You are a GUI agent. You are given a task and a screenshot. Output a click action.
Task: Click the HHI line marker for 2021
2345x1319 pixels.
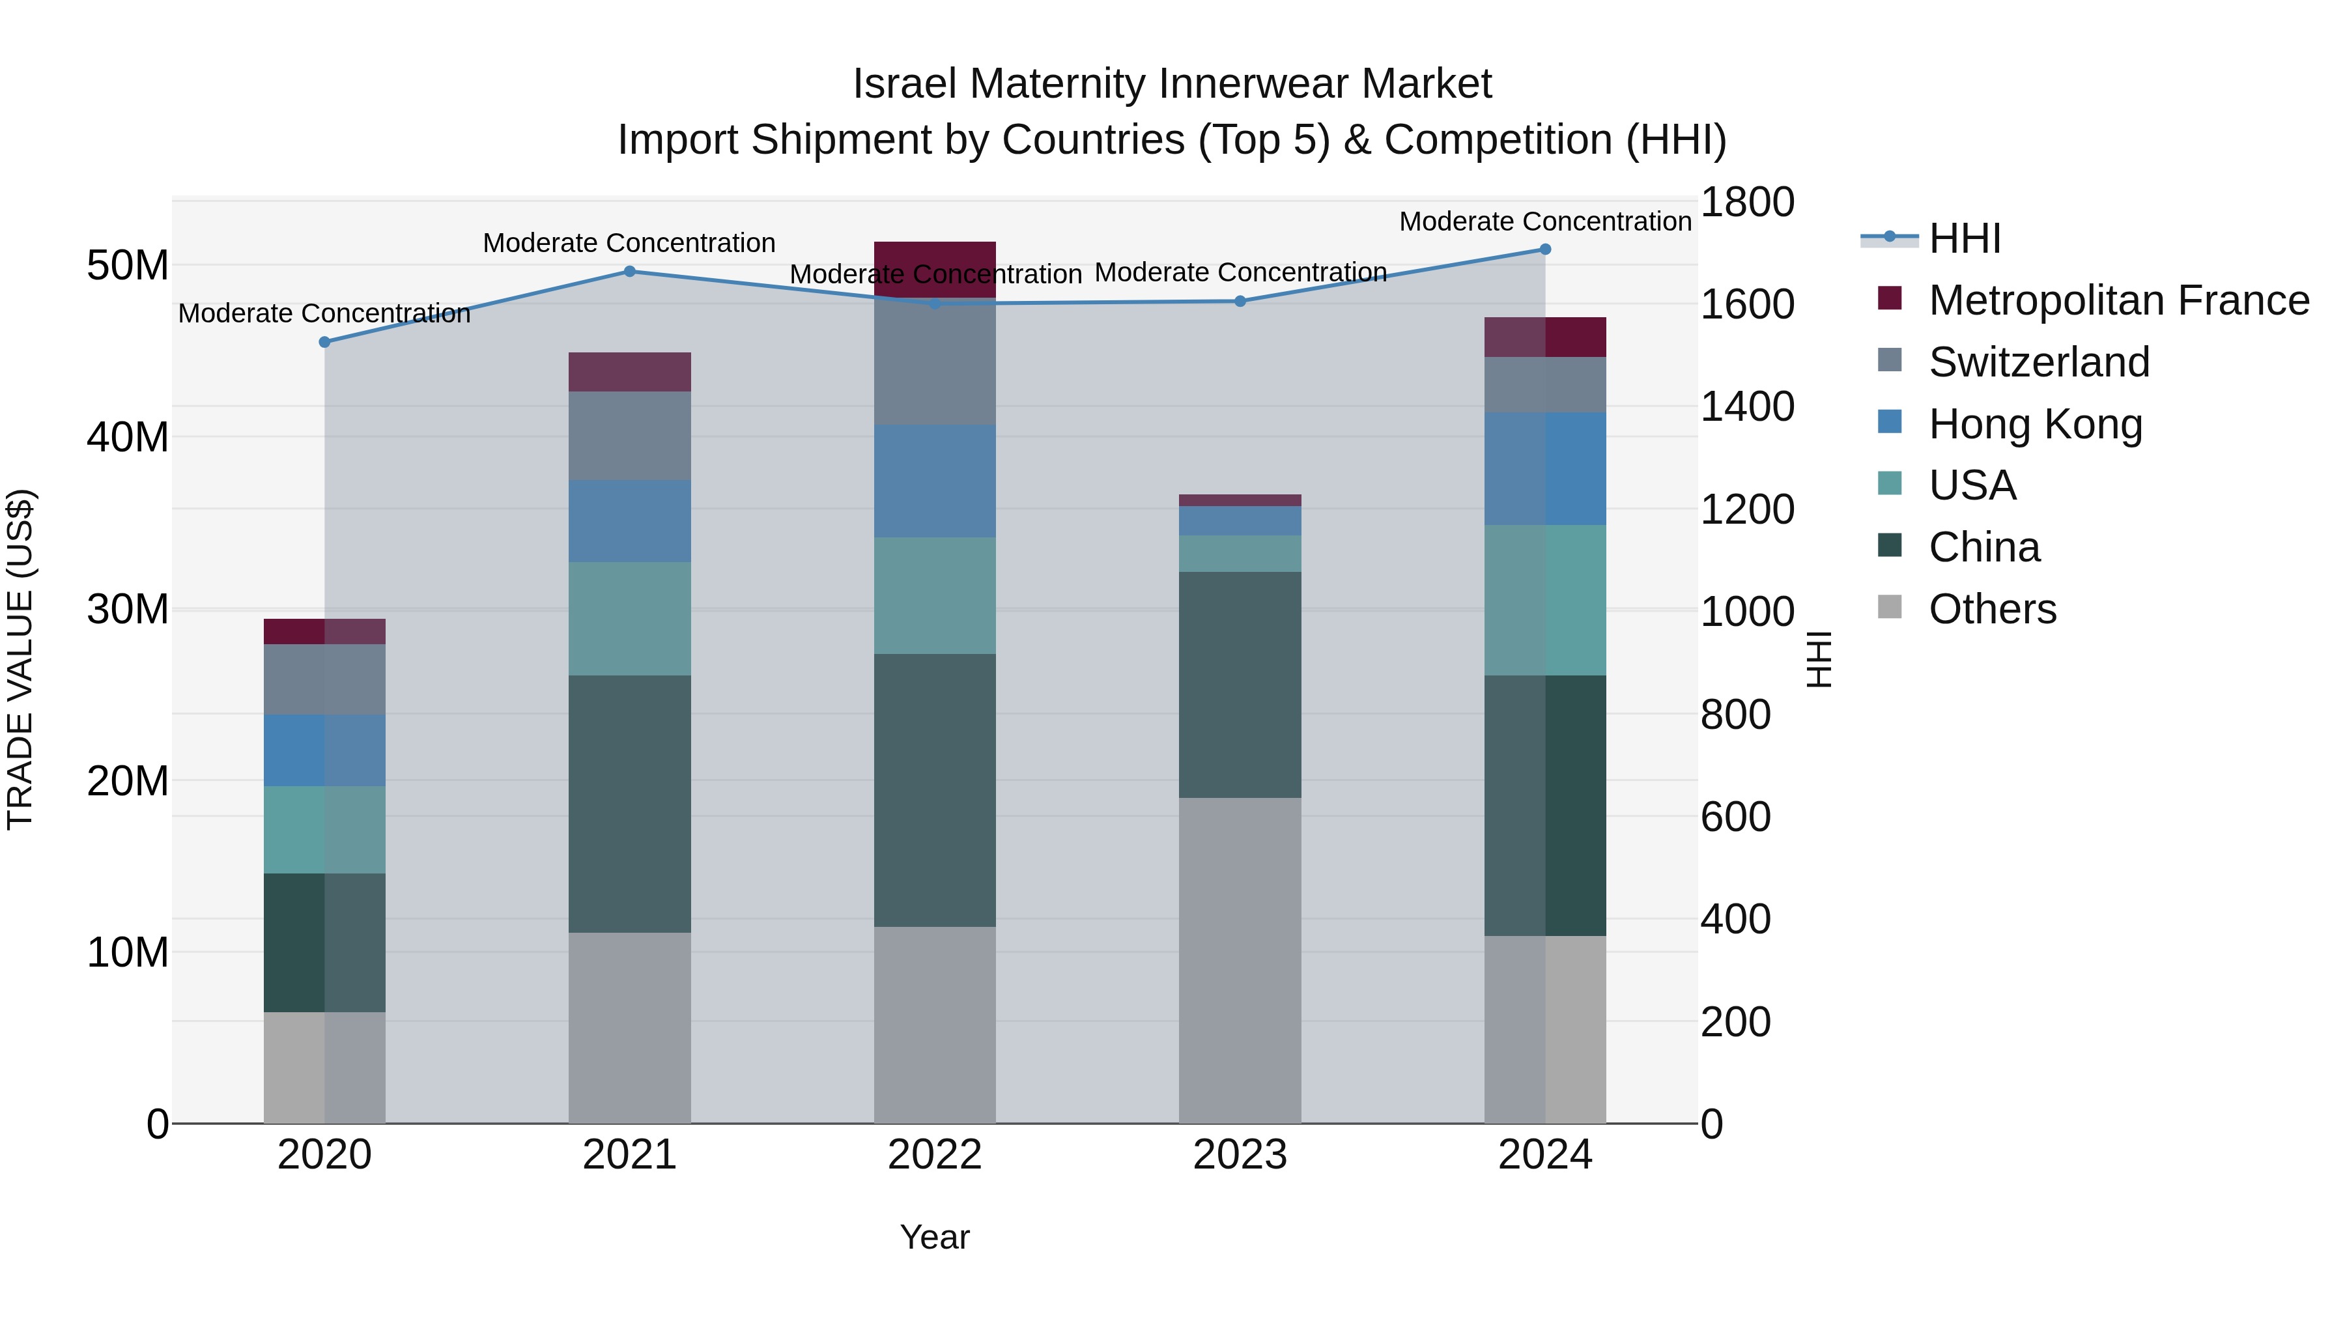(x=629, y=271)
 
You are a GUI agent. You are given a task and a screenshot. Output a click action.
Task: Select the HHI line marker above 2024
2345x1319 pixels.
(x=1545, y=249)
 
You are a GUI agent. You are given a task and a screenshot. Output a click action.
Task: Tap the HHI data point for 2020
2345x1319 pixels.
(x=324, y=342)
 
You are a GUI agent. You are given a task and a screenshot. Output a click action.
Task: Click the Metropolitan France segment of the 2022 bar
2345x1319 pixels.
(x=935, y=270)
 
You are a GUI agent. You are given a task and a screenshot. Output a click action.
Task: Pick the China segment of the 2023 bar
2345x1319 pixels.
(x=1240, y=685)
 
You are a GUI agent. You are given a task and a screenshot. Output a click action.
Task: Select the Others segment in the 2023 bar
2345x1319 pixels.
(x=1240, y=960)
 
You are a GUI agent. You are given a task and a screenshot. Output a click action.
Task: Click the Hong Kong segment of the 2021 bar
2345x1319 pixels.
(x=629, y=520)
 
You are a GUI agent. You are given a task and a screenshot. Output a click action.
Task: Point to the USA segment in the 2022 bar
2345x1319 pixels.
(x=935, y=595)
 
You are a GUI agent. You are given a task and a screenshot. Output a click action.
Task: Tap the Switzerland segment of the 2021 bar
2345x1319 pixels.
(x=629, y=435)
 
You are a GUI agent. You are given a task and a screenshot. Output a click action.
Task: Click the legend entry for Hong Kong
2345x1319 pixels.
(x=2036, y=424)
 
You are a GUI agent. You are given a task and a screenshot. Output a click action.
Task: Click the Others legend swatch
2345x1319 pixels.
(x=1890, y=607)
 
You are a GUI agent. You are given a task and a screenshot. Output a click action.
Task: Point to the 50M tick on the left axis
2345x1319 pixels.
(x=128, y=266)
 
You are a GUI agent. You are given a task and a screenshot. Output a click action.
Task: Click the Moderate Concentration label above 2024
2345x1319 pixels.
(x=1545, y=221)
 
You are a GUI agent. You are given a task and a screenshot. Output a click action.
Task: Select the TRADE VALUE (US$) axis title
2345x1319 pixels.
(x=20, y=659)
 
